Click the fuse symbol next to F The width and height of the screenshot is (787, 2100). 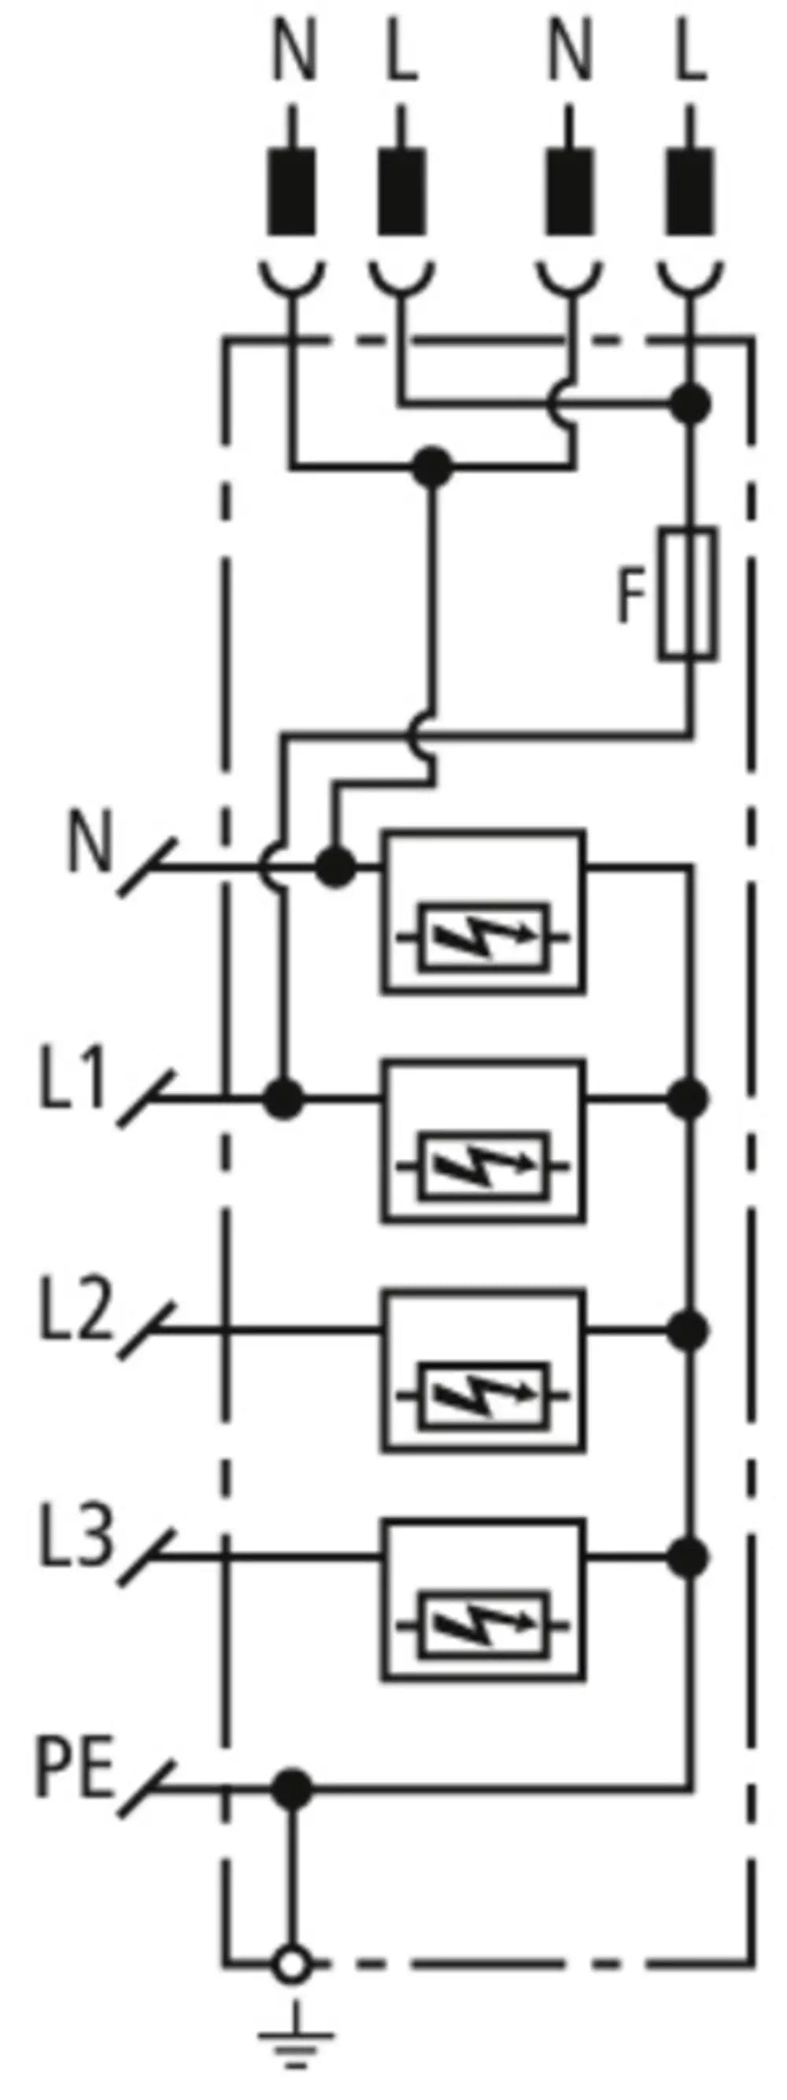pos(689,593)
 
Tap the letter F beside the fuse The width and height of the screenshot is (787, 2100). pos(629,595)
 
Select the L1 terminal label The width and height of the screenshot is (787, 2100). pos(73,1079)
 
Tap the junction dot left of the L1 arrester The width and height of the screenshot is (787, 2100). pos(283,1098)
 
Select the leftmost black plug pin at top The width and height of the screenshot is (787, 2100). pos(292,191)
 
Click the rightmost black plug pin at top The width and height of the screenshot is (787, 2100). pos(692,191)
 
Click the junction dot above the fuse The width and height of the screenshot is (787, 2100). pos(690,403)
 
